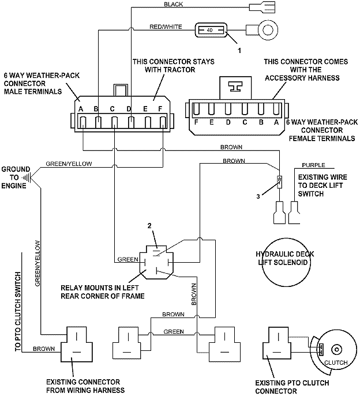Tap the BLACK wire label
click(x=174, y=5)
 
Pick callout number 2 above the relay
click(x=149, y=226)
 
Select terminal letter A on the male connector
click(x=82, y=109)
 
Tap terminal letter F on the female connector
click(x=197, y=122)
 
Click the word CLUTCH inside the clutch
click(x=335, y=362)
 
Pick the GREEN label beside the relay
click(x=126, y=259)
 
